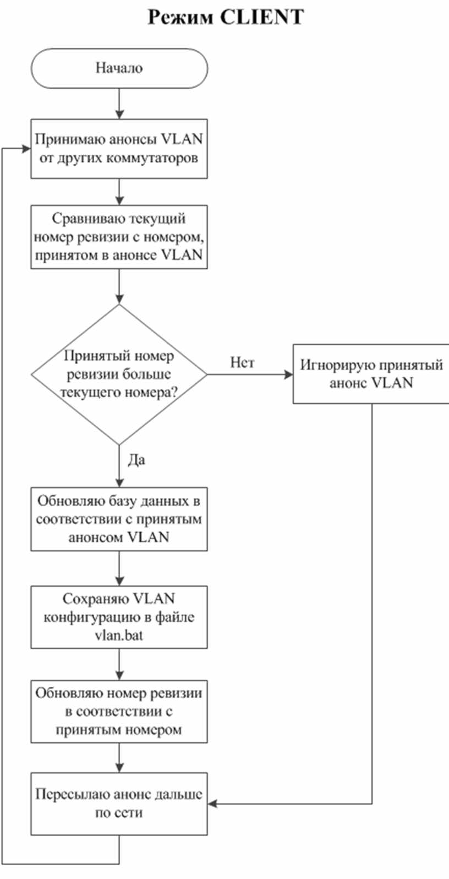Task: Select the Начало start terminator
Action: [119, 68]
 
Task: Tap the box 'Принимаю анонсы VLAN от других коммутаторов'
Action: [119, 149]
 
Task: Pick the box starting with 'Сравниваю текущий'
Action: [119, 237]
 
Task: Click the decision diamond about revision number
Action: [119, 375]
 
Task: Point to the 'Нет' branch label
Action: [242, 362]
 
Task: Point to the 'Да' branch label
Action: [136, 460]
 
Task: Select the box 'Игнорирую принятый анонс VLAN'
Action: [371, 373]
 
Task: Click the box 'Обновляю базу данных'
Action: [119, 519]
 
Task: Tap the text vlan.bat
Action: [119, 635]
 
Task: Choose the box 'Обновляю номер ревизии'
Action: [119, 712]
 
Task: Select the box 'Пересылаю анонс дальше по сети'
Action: [119, 804]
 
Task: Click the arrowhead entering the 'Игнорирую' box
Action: [289, 375]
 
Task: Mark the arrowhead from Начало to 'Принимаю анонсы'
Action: [119, 114]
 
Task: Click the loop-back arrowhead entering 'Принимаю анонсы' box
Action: [26, 149]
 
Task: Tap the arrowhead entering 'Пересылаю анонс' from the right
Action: [212, 804]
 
